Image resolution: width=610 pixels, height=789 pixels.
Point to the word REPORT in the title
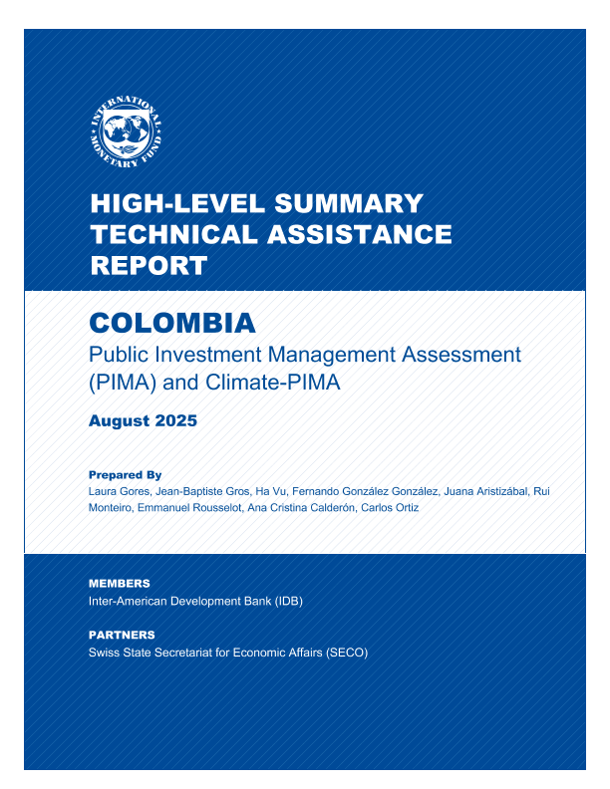149,266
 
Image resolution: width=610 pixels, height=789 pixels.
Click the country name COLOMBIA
172,323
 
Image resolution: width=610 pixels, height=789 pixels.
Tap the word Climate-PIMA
276,382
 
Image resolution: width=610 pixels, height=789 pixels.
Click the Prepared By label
125,475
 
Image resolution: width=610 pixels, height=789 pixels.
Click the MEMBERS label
119,583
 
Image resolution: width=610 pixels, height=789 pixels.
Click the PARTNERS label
122,635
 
